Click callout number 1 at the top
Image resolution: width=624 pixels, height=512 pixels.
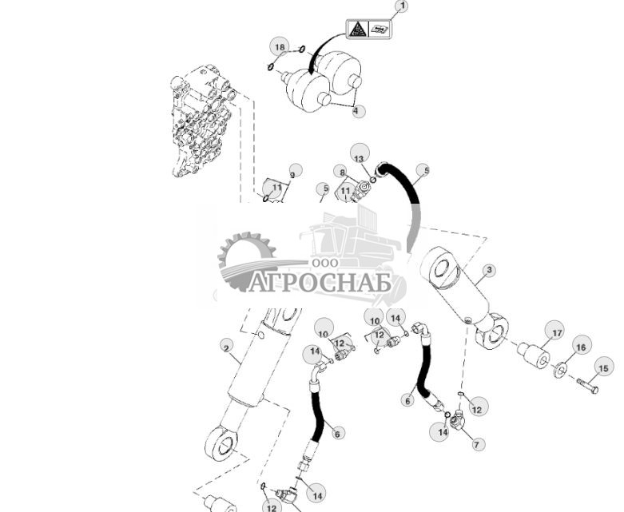coord(401,7)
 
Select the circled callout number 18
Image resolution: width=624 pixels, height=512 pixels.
coord(279,47)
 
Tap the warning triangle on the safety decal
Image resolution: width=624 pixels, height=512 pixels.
coord(356,30)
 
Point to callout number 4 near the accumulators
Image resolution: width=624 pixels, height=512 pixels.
coord(359,110)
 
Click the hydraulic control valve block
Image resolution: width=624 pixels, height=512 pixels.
coord(200,125)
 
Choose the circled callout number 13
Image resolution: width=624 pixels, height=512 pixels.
coord(359,153)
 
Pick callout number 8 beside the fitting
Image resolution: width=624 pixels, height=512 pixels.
coord(342,172)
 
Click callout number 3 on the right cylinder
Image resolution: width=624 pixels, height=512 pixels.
coord(489,271)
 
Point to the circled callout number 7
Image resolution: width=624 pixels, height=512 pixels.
coord(478,443)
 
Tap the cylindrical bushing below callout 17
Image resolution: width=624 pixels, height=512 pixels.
coord(534,356)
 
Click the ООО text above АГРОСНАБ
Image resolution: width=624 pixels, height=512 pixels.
coord(325,263)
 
